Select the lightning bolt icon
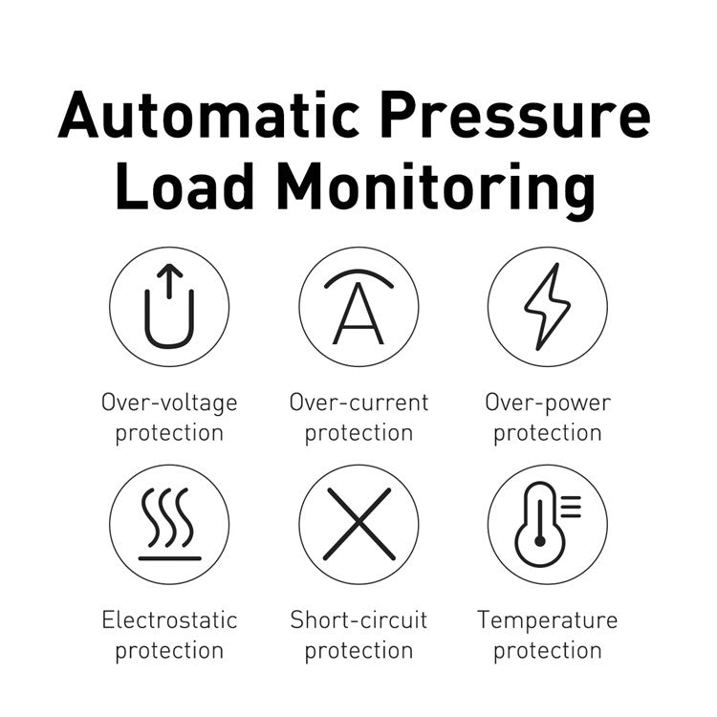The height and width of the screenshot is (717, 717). tap(547, 306)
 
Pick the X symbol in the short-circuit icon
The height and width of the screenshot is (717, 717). tap(358, 524)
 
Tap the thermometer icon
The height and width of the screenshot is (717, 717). tap(538, 524)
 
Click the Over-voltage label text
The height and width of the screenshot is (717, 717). tap(169, 402)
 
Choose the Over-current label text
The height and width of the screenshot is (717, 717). tap(358, 402)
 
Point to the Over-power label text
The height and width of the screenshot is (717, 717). tap(547, 402)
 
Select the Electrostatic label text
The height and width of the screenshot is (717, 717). tap(169, 619)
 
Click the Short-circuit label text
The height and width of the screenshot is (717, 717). tap(358, 619)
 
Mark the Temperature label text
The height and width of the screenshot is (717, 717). tap(547, 619)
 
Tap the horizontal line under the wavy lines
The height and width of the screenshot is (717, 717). tap(169, 557)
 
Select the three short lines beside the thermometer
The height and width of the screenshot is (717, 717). tap(570, 507)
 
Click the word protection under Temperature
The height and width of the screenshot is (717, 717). tap(547, 651)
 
